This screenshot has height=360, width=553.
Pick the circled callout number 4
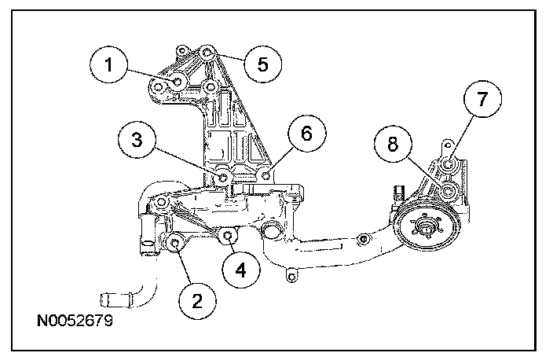pyautogui.click(x=240, y=269)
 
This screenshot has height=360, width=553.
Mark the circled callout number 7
pyautogui.click(x=482, y=99)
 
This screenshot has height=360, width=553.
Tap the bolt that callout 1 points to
pyautogui.click(x=179, y=81)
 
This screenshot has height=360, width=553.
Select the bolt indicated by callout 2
pyautogui.click(x=175, y=242)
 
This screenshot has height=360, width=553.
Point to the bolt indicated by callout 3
pyautogui.click(x=223, y=177)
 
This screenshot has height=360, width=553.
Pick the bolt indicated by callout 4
pyautogui.click(x=228, y=235)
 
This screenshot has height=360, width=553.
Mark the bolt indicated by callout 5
pyautogui.click(x=207, y=53)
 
